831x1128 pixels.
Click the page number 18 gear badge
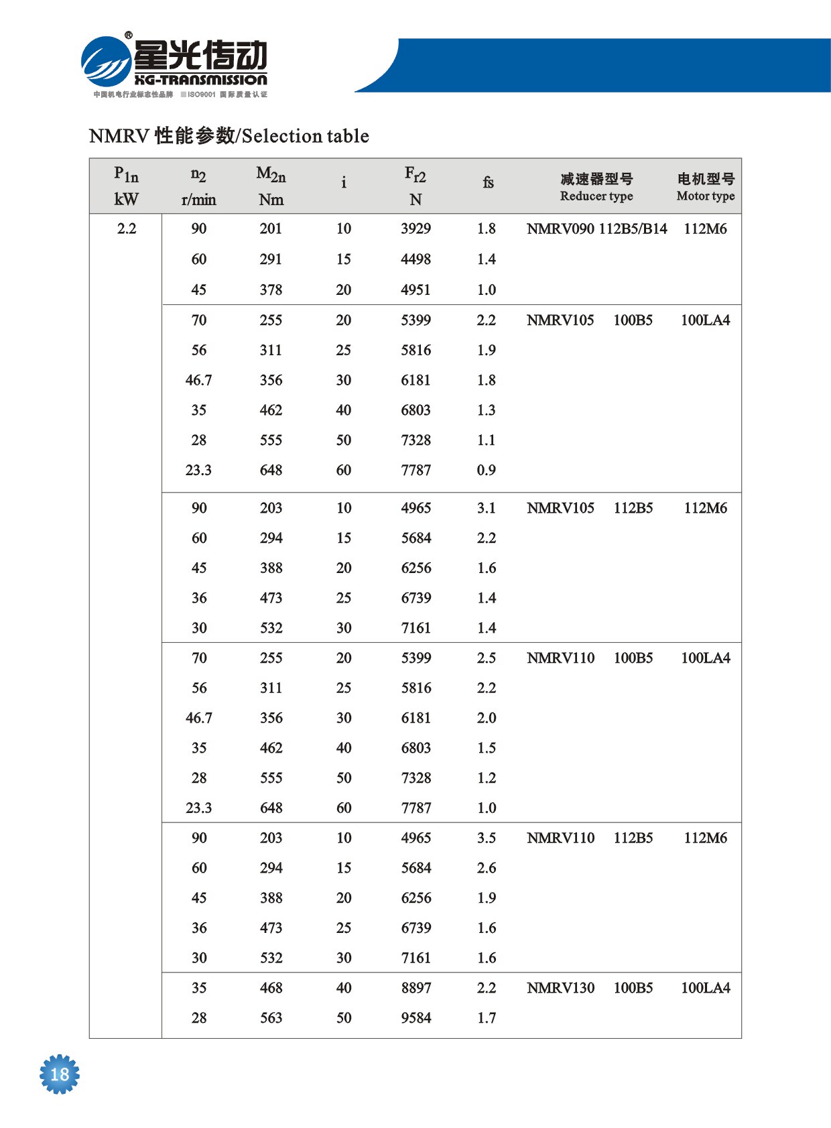60,1074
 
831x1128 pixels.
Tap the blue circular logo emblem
106,61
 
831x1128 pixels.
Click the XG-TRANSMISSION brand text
200,80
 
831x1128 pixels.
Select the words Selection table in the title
305,136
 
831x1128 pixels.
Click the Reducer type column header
596,196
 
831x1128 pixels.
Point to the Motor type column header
706,196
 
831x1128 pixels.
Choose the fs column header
488,182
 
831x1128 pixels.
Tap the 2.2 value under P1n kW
127,229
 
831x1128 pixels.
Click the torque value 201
271,229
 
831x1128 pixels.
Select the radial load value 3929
415,229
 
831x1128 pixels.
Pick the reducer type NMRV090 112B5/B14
596,229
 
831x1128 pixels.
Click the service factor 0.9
487,470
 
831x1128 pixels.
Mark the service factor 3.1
487,508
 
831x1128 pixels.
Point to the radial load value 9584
416,1017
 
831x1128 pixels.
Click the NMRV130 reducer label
560,988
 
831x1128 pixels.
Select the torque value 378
271,290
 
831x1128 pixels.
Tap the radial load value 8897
416,988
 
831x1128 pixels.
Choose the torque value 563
271,1017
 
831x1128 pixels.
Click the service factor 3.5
487,838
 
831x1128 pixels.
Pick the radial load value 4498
415,259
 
